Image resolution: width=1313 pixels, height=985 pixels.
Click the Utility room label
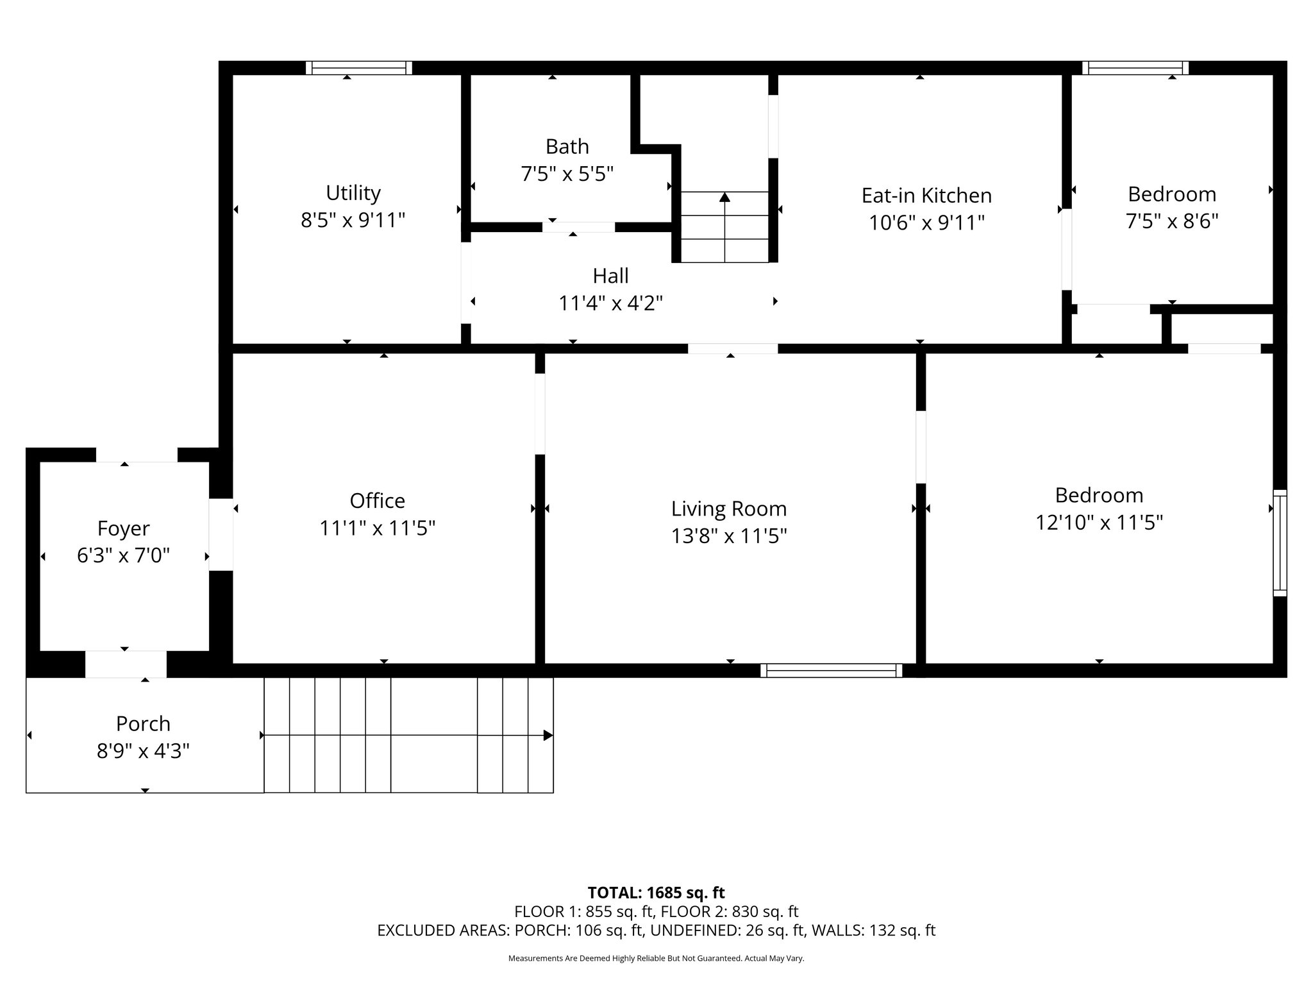pos(353,192)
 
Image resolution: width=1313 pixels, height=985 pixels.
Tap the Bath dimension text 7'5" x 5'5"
pos(567,174)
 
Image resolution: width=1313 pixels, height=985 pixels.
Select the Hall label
pos(610,276)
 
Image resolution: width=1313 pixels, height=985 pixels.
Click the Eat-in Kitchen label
pos(926,195)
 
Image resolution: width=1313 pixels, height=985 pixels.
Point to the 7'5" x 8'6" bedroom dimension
pos(1171,221)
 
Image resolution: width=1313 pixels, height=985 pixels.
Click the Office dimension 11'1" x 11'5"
pos(377,528)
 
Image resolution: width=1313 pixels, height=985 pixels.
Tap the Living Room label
pos(728,509)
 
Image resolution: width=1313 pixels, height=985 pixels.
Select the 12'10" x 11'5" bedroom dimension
pos(1099,523)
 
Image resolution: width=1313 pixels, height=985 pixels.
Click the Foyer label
pos(123,528)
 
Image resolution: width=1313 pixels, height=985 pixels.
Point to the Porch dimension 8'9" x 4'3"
pos(143,751)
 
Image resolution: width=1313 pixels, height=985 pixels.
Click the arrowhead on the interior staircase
pos(724,197)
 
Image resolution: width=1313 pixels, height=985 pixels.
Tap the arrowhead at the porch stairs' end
pos(548,735)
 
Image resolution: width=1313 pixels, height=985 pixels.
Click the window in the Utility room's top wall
pos(358,68)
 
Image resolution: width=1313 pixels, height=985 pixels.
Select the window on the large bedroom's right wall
pos(1279,543)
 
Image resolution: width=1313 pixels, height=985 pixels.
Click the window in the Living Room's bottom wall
pos(831,671)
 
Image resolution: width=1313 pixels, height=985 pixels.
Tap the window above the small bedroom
pos(1135,68)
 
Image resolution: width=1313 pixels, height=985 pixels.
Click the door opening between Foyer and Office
pos(221,534)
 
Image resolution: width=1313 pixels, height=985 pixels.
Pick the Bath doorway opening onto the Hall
pos(578,227)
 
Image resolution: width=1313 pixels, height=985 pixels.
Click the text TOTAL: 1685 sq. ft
pos(656,893)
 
